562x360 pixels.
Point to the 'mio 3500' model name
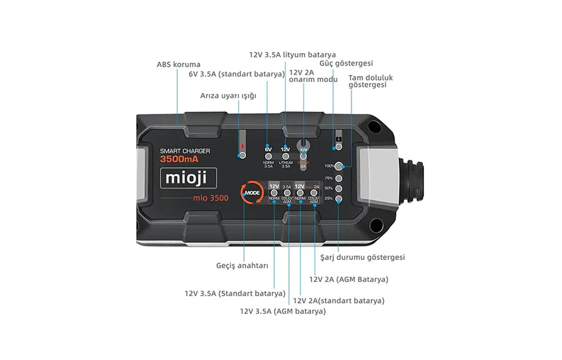[x=210, y=198]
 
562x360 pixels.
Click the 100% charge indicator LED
[x=338, y=166]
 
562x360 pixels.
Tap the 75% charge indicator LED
[x=338, y=177]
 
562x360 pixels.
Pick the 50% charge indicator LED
[x=338, y=188]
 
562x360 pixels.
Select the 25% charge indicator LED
[x=338, y=199]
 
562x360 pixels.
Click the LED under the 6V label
[x=268, y=156]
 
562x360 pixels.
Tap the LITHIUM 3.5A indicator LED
[x=285, y=156]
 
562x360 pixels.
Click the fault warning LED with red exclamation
[x=242, y=154]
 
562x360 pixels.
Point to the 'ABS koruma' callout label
[x=178, y=64]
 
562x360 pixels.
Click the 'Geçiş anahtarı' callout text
[x=242, y=266]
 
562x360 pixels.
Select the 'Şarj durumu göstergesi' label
[x=362, y=257]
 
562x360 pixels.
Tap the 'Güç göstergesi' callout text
[x=346, y=63]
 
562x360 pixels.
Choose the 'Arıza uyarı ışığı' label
[x=228, y=96]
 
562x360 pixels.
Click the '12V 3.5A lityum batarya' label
[x=292, y=54]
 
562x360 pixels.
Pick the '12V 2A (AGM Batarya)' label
[x=348, y=279]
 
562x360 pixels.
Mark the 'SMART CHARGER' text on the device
[x=185, y=151]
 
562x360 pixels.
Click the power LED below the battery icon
[x=338, y=146]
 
